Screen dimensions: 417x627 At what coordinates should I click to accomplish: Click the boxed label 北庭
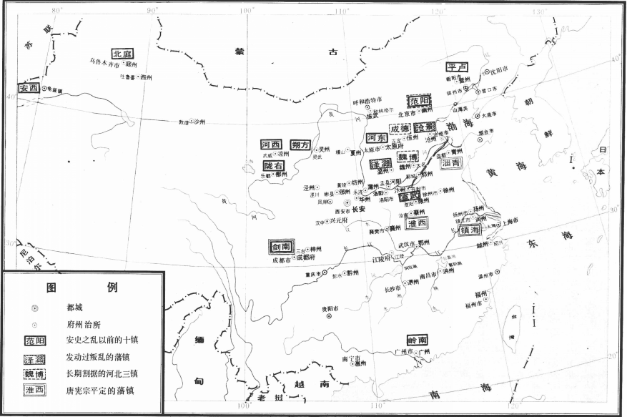122,54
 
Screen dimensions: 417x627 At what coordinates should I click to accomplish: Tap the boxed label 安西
29,88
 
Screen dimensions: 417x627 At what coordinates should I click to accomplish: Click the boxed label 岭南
418,340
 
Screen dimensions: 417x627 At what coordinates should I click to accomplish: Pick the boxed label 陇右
274,165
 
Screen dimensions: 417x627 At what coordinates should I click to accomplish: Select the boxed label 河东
377,137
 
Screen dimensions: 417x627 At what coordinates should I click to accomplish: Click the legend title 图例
82,288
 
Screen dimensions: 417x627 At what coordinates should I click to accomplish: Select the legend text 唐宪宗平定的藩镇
100,391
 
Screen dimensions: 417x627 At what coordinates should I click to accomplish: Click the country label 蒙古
282,51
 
